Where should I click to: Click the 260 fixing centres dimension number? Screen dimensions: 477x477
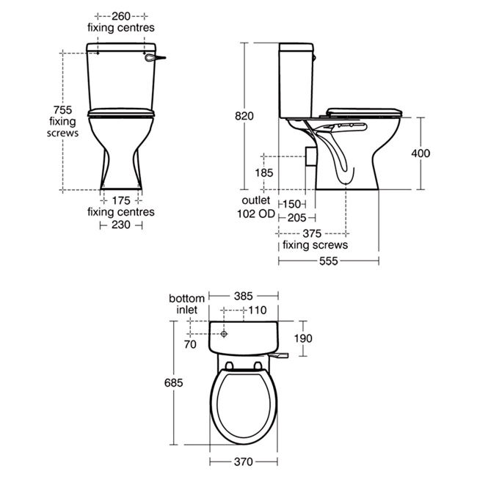point(121,16)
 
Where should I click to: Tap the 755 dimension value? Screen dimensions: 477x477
point(62,109)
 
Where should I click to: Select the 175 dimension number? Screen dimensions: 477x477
point(121,201)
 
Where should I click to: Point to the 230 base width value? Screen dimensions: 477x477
point(121,225)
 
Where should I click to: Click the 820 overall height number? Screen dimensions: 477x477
point(244,116)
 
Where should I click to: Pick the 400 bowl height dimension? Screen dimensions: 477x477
point(420,153)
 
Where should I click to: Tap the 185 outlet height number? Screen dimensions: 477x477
point(264,172)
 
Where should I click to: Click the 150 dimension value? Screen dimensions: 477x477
point(292,204)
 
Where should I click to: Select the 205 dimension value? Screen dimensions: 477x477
point(296,218)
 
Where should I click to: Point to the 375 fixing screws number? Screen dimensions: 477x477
point(312,233)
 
